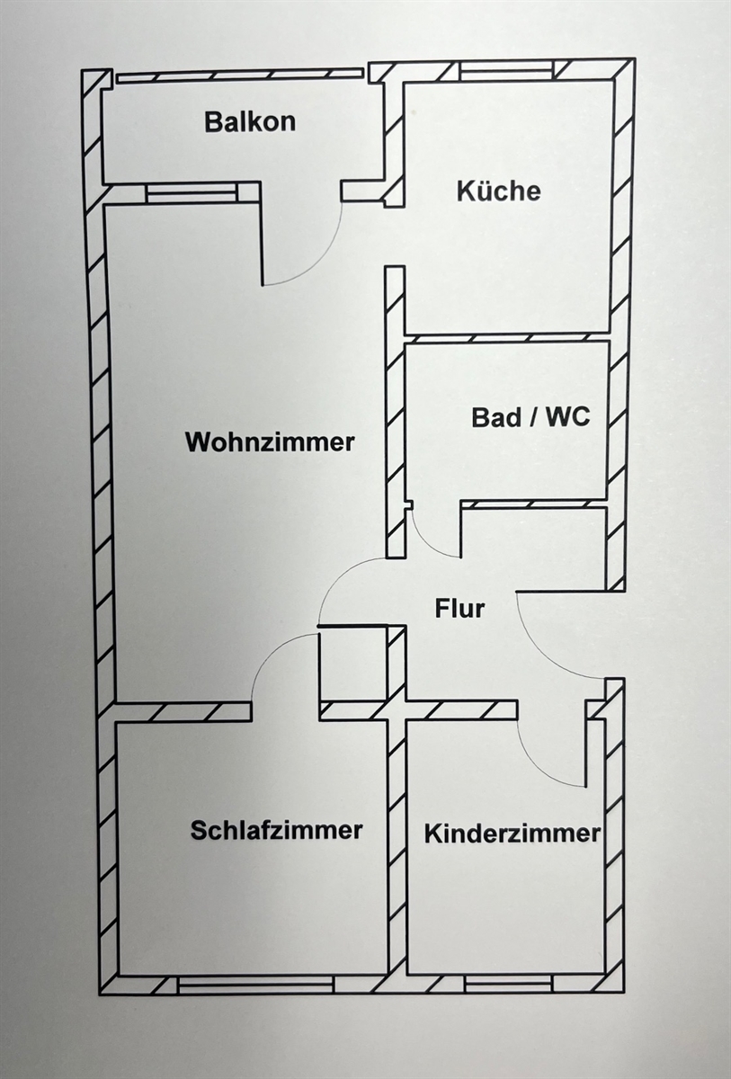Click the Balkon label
point(249,121)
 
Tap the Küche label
point(498,191)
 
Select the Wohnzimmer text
point(269,442)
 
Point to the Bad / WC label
point(530,417)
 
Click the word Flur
point(459,609)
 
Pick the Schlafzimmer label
point(276,830)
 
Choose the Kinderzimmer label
point(512,833)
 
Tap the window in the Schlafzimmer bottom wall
point(255,985)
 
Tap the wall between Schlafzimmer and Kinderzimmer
point(397,845)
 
